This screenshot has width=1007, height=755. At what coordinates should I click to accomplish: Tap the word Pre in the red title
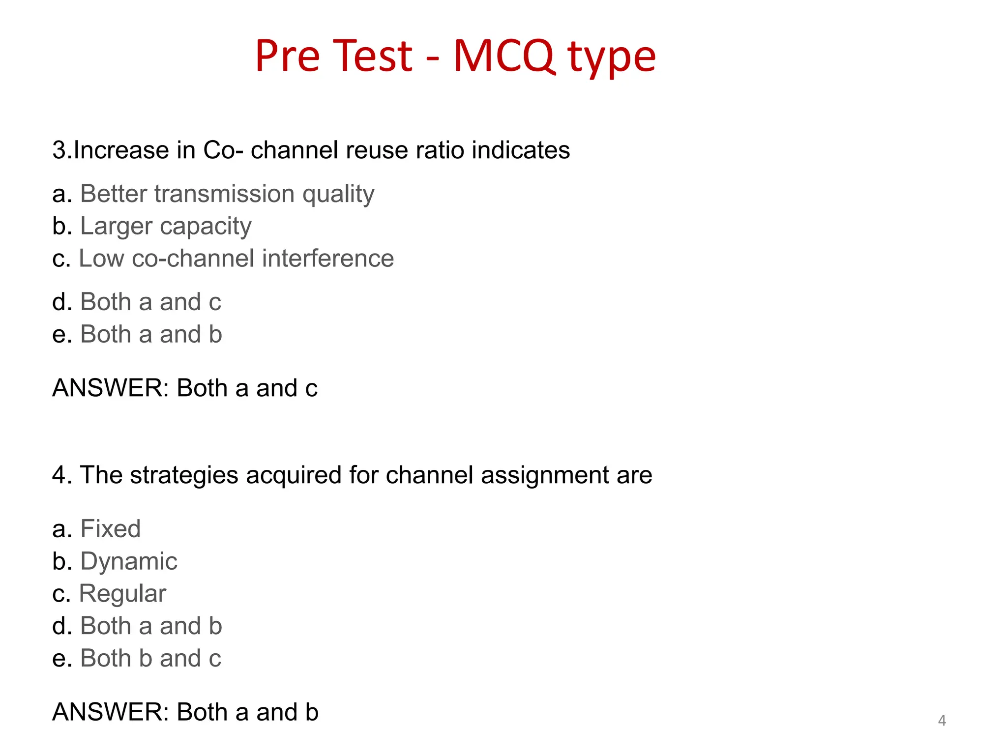click(x=288, y=56)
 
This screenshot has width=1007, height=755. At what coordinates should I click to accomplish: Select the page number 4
click(x=942, y=721)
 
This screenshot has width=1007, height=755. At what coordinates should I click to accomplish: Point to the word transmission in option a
click(x=225, y=194)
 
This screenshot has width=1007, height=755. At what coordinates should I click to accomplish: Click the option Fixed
click(x=110, y=529)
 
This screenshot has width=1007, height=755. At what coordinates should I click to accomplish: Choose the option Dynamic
click(x=128, y=561)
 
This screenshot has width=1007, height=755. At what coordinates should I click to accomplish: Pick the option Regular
click(x=122, y=594)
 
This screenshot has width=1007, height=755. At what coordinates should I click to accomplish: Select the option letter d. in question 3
click(x=62, y=302)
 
